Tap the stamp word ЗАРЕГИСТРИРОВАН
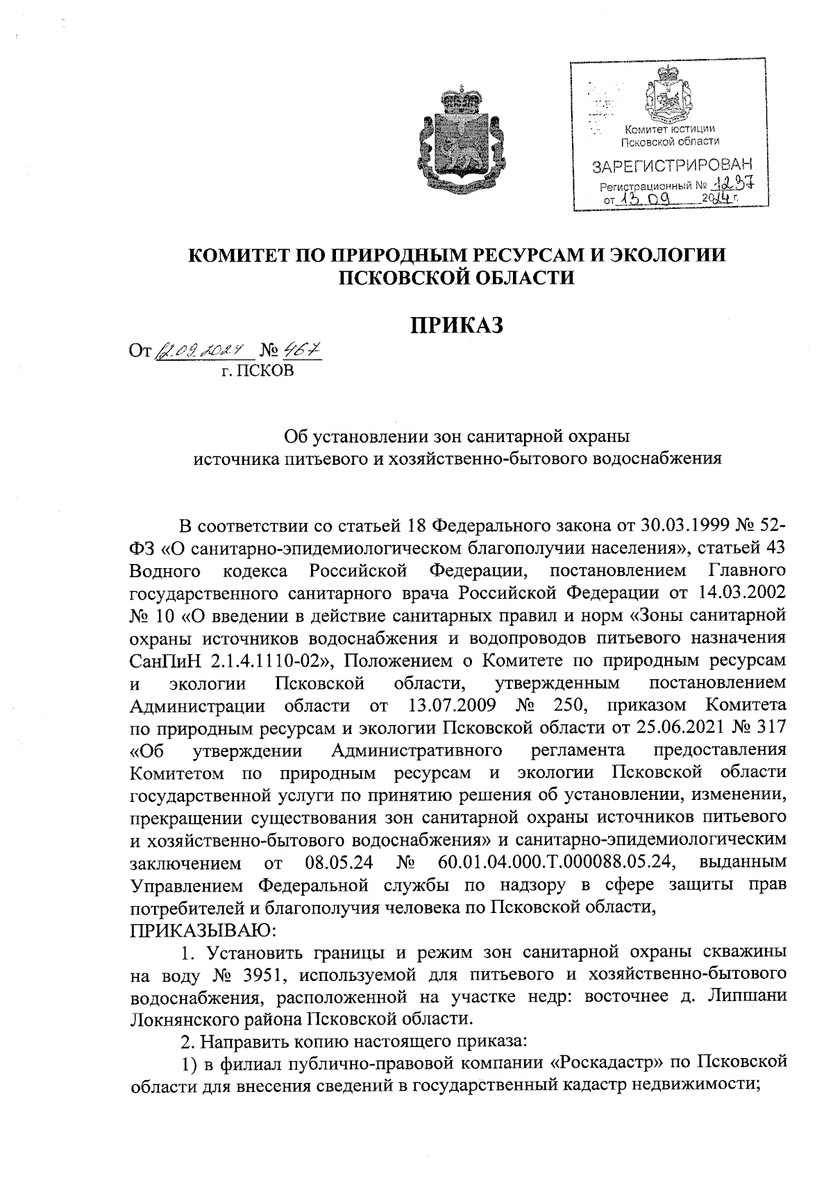[671, 167]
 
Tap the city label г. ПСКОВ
[258, 371]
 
